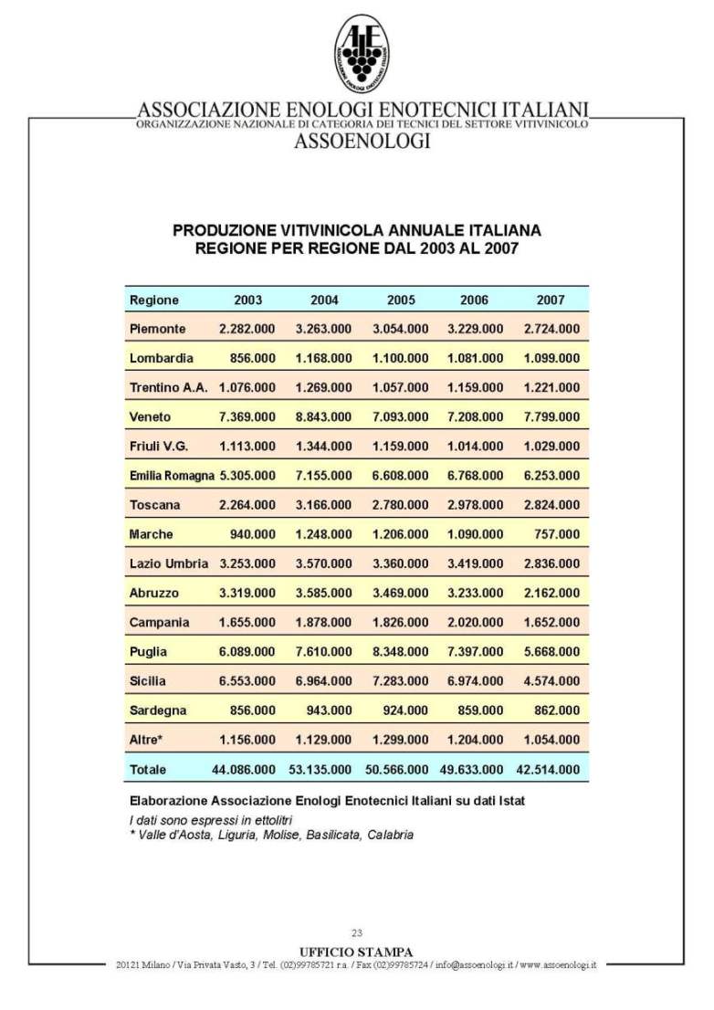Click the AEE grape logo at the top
361,54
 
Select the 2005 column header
401,300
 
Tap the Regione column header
154,300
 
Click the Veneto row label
151,416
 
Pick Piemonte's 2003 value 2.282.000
247,329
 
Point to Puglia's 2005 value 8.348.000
400,651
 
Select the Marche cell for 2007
557,534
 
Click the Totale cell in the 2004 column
323,769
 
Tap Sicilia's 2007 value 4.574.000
551,680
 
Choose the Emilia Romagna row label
172,476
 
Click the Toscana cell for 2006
475,505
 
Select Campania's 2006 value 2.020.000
475,622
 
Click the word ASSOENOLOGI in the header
362,141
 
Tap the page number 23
357,932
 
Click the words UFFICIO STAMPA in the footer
357,952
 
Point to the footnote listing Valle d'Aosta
272,835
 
